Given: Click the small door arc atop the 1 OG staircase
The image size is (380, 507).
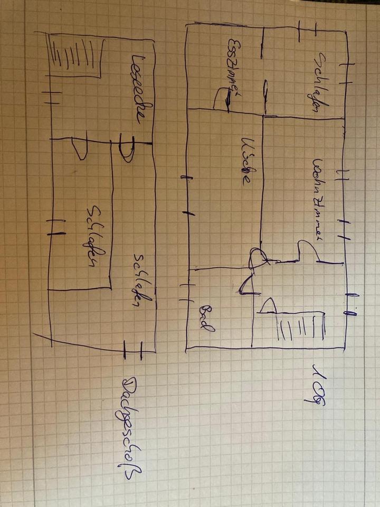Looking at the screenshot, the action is click(269, 306).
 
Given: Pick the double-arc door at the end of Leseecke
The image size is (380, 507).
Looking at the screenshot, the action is click(127, 151).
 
